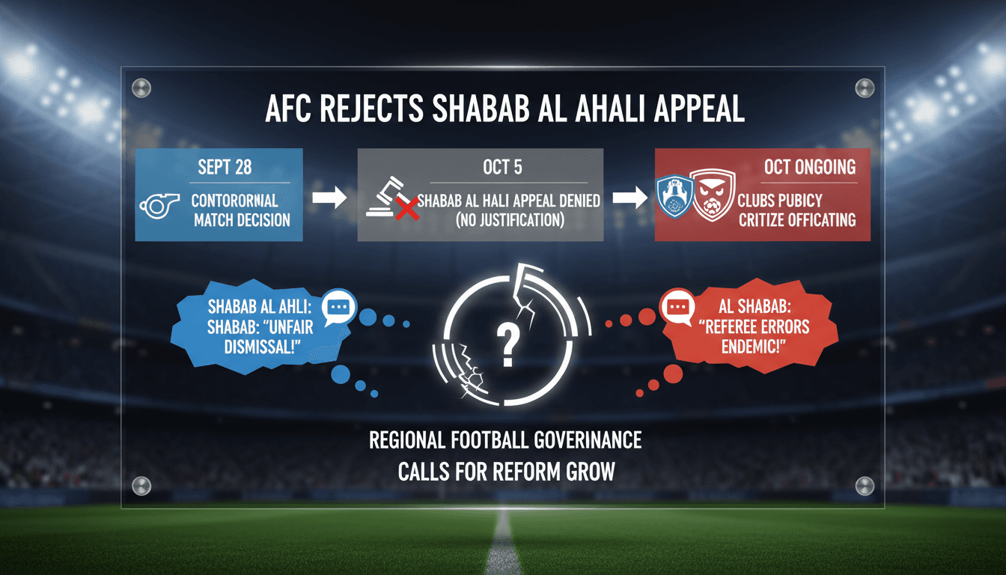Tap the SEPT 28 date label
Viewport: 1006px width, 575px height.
[x=225, y=167]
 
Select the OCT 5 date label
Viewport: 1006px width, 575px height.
[x=502, y=166]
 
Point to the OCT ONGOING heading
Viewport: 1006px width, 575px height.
[x=810, y=167]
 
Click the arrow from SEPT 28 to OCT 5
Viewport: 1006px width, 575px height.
[x=329, y=198]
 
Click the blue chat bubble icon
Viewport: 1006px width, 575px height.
[x=340, y=307]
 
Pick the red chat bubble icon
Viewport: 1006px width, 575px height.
[x=678, y=307]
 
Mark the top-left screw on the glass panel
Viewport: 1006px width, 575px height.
[x=141, y=87]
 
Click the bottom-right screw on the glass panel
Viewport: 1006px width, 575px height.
[x=865, y=484]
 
